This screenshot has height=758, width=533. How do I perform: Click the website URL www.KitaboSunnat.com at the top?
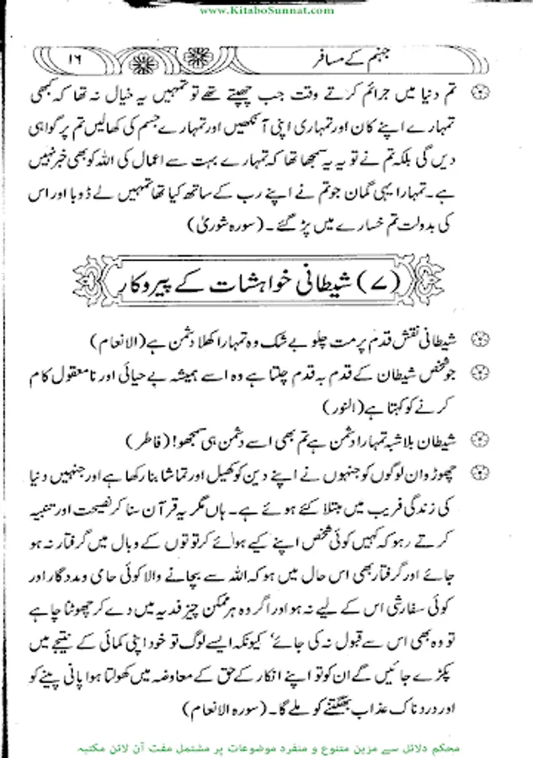[x=268, y=10]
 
